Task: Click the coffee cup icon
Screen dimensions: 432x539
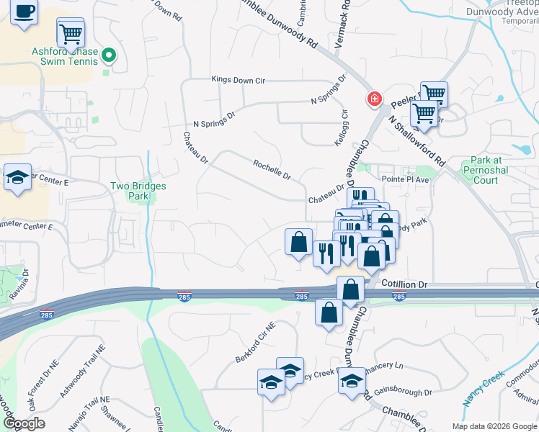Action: coord(25,12)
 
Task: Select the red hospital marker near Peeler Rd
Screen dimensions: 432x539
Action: coord(374,99)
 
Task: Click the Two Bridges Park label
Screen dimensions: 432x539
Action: coord(138,191)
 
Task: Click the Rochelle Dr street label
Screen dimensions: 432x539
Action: coord(272,170)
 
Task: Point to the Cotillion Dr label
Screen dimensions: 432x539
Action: coord(404,284)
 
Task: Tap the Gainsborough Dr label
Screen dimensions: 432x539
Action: coord(407,393)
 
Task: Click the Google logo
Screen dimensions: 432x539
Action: coord(24,423)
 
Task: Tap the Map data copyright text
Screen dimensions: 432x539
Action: coord(494,426)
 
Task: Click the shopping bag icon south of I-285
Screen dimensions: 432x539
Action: coord(329,313)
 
